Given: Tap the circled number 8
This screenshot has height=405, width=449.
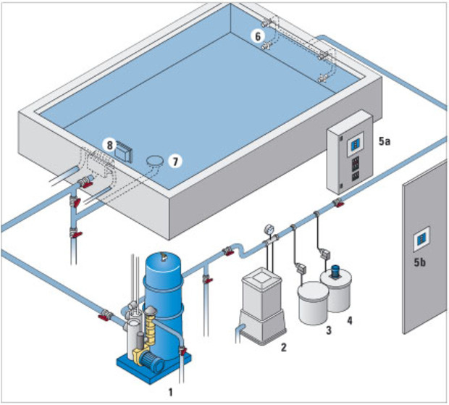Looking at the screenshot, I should [x=109, y=144].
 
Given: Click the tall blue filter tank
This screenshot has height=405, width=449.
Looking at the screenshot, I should [x=166, y=290].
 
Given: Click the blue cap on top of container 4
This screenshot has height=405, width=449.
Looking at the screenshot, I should [x=335, y=271].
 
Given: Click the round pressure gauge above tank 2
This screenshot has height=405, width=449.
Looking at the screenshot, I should [x=267, y=227].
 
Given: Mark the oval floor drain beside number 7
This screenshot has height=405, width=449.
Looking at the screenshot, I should [x=154, y=159].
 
